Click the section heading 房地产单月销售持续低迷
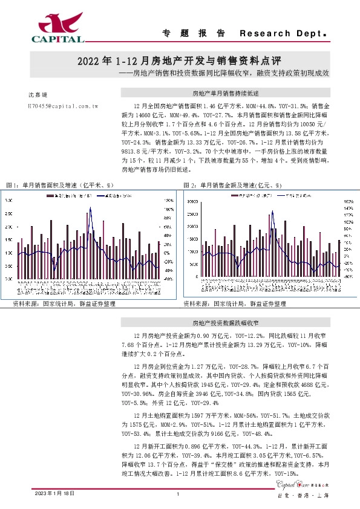pyautogui.click(x=225, y=94)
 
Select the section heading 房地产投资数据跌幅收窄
pyautogui.click(x=225, y=324)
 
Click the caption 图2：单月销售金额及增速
pyautogui.click(x=234, y=184)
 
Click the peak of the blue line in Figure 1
pyautogui.click(x=90, y=208)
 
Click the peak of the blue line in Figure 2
pyautogui.click(x=272, y=210)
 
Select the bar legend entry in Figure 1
pyautogui.click(x=67, y=196)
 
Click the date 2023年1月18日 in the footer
pyautogui.click(x=54, y=494)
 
